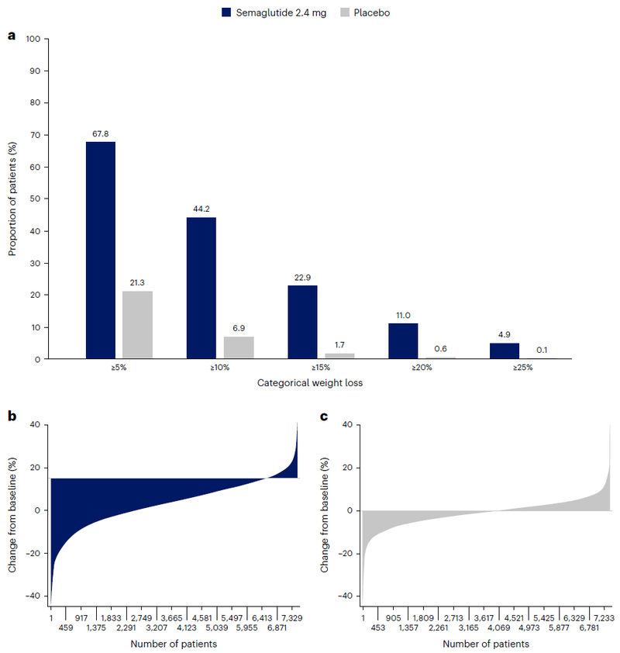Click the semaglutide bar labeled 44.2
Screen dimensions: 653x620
pos(201,288)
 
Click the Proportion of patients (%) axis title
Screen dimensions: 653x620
pos(13,199)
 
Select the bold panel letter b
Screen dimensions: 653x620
pos(12,416)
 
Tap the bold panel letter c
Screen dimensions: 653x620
pos(323,416)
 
